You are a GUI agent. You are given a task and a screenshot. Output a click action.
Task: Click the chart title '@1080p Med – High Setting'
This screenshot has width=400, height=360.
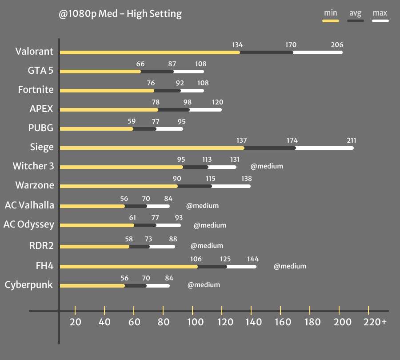(x=120, y=14)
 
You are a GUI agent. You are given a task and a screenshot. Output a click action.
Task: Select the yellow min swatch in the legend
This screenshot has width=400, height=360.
(x=330, y=20)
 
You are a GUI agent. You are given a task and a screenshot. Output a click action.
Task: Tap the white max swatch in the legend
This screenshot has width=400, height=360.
(x=380, y=20)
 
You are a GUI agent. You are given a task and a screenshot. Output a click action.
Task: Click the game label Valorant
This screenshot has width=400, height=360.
(x=34, y=52)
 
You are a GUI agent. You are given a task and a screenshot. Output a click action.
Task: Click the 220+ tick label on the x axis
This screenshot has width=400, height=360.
(x=375, y=322)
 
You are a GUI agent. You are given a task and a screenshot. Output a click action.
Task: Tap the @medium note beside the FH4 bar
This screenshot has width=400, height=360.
(x=290, y=266)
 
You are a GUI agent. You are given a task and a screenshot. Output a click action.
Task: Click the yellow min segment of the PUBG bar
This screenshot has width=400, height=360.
(x=96, y=129)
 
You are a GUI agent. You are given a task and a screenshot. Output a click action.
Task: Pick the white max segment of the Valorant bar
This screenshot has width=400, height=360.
(x=317, y=52)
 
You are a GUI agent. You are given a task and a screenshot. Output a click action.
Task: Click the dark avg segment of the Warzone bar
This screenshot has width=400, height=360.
(x=194, y=186)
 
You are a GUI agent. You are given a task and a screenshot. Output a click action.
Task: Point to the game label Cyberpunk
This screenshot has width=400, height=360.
(x=28, y=285)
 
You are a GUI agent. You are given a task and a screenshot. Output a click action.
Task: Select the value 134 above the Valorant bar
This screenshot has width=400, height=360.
(x=237, y=45)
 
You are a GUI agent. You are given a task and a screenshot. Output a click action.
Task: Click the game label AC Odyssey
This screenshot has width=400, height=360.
(x=28, y=224)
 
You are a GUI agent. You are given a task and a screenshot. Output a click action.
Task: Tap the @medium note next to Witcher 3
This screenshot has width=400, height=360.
(x=267, y=166)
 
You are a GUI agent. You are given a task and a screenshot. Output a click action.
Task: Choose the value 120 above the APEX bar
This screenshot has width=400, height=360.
(x=217, y=102)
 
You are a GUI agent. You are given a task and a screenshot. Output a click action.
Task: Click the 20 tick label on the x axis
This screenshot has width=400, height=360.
(x=75, y=322)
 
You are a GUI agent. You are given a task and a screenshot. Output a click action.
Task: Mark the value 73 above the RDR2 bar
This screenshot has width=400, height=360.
(x=149, y=240)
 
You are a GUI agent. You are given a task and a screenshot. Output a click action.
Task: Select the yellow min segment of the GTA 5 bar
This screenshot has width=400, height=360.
(x=100, y=72)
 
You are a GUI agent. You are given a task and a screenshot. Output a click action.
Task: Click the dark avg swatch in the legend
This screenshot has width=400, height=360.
(x=355, y=20)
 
